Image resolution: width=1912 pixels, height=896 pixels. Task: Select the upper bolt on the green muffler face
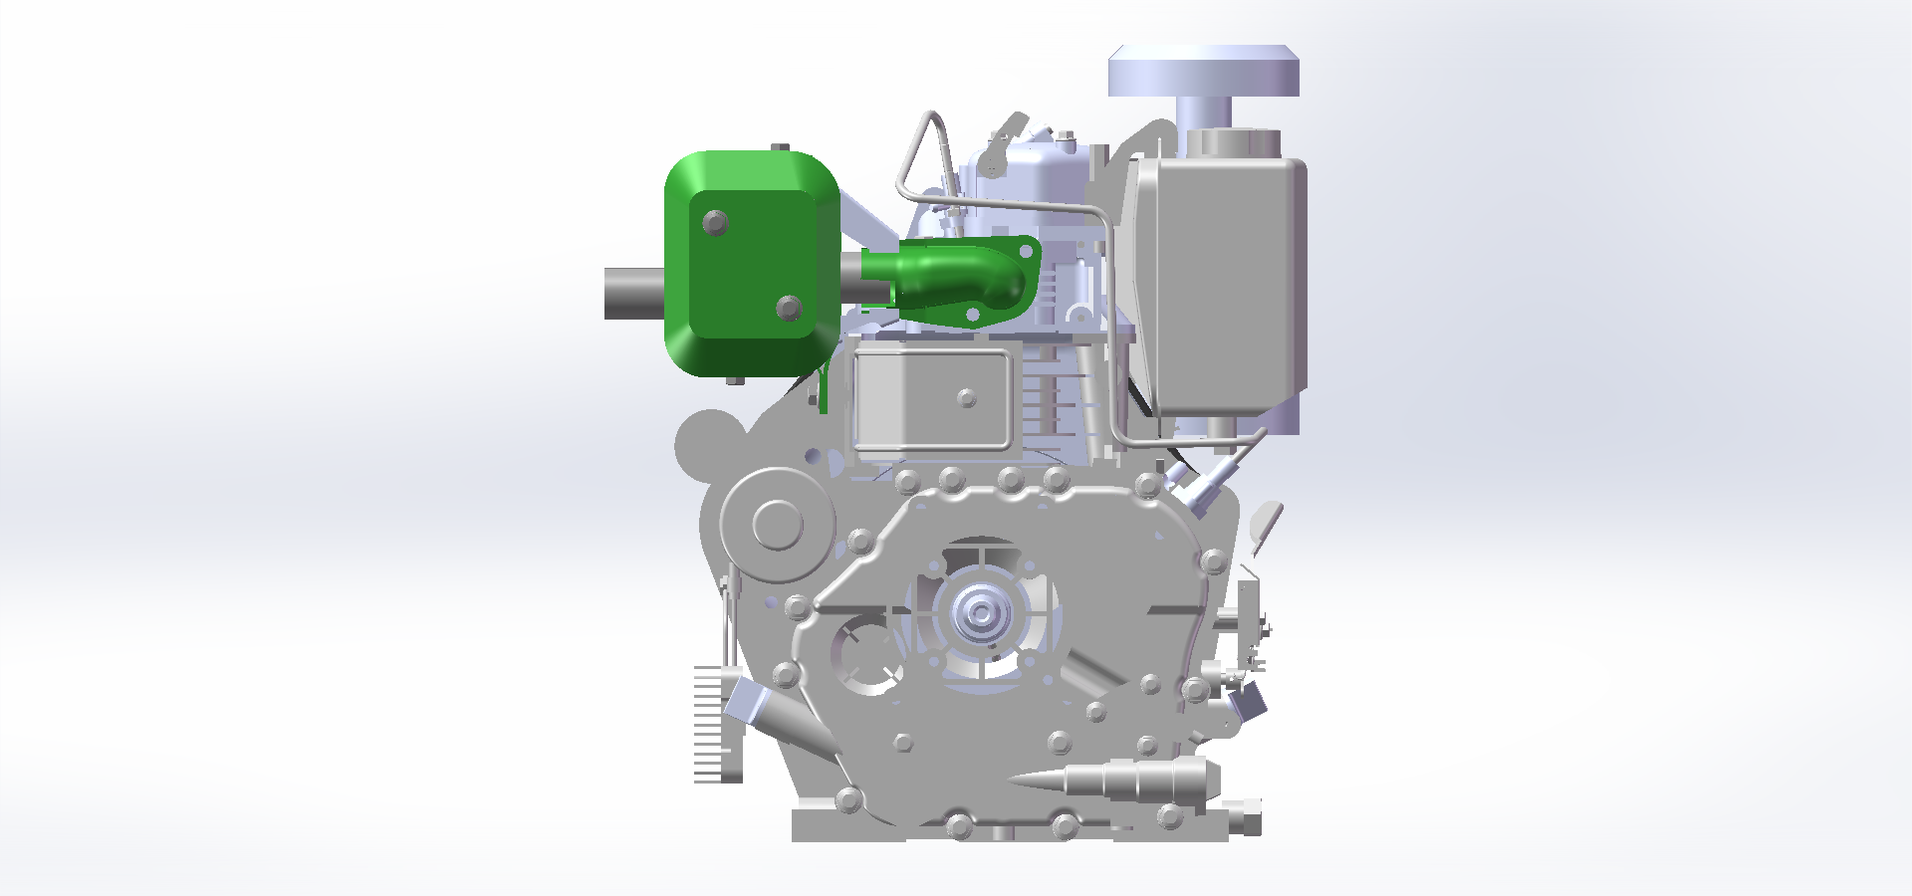(x=715, y=222)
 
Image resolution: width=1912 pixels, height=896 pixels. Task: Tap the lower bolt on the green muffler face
(x=789, y=308)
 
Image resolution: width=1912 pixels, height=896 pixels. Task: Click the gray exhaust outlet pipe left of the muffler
(x=633, y=294)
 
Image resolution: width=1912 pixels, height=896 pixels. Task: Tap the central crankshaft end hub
(x=981, y=613)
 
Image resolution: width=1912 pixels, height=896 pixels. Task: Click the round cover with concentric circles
(x=777, y=524)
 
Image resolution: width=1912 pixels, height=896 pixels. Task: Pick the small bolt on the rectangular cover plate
(x=966, y=398)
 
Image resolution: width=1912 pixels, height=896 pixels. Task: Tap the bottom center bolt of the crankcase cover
(x=959, y=825)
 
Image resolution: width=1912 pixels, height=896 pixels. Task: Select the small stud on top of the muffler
(x=781, y=148)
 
